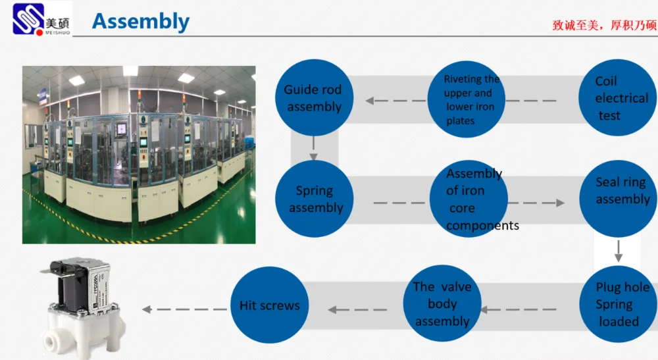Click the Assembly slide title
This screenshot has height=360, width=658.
pyautogui.click(x=140, y=21)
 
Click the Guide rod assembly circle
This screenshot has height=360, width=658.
pyautogui.click(x=313, y=98)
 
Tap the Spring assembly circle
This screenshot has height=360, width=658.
pyautogui.click(x=315, y=199)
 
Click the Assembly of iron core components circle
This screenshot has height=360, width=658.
pyautogui.click(x=468, y=199)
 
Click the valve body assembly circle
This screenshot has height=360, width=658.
pyautogui.click(x=442, y=304)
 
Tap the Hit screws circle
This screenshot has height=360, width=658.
pyautogui.click(x=269, y=305)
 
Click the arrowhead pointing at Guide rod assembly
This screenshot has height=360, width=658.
pyautogui.click(x=370, y=101)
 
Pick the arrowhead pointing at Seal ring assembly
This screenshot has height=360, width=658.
pyautogui.click(x=560, y=202)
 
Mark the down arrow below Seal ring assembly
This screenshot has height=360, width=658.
pyautogui.click(x=619, y=255)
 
